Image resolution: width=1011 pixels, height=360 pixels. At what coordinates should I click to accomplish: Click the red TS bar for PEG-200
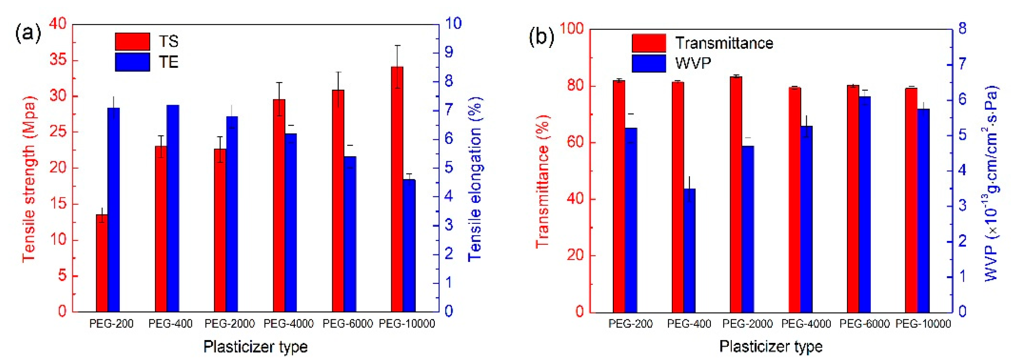coord(102,263)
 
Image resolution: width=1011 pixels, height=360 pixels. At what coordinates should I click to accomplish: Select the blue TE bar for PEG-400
coord(173,208)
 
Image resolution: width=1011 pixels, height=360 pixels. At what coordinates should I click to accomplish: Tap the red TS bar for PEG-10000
coord(397,189)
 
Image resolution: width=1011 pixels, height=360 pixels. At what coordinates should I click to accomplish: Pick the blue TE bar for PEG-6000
coord(350,234)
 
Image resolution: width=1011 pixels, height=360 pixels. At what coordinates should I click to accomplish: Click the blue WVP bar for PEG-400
coord(690,250)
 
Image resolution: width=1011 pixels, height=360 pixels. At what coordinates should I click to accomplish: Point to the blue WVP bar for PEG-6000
coord(865,205)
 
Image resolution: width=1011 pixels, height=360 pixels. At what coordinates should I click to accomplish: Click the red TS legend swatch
coord(132,41)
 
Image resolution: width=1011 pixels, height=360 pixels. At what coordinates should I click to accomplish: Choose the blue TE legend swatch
coord(132,62)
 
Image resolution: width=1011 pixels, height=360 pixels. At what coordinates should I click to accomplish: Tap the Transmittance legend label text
coord(724,43)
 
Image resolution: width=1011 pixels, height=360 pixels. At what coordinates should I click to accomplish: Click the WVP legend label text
coord(693,63)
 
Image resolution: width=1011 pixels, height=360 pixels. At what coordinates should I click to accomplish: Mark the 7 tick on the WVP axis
coord(963,64)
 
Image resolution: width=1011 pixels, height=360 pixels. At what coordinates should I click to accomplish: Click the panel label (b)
coord(542,37)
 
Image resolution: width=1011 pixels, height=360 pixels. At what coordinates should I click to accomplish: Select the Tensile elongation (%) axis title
coord(475,179)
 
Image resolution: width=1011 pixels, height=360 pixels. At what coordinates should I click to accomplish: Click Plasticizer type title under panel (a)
coord(255,347)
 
